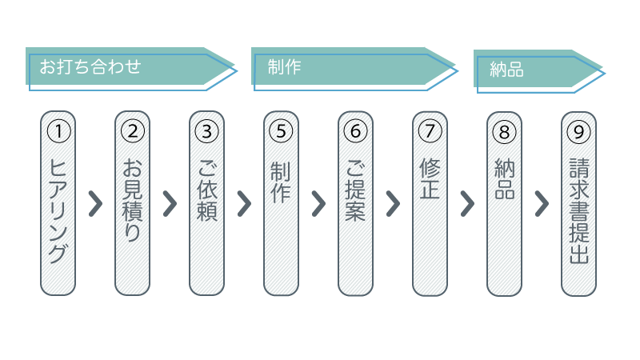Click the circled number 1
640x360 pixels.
[58, 130]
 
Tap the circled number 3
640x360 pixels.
[207, 130]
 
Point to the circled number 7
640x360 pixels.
[430, 130]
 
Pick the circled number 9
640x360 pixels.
[579, 130]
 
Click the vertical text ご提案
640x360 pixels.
[356, 190]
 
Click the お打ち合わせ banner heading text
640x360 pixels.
[90, 66]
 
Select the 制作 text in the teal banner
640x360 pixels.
[285, 67]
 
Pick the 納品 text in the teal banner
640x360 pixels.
[506, 70]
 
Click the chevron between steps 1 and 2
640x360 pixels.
[95, 204]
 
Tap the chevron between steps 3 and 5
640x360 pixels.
[244, 204]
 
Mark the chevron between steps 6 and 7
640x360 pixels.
[393, 204]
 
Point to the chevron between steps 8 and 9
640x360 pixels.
[542, 204]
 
